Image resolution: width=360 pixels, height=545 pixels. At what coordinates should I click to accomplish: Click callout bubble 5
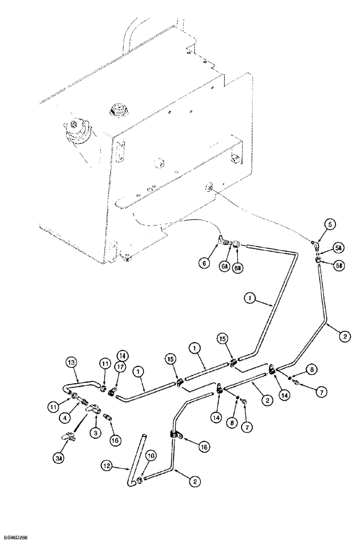pyautogui.click(x=329, y=223)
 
